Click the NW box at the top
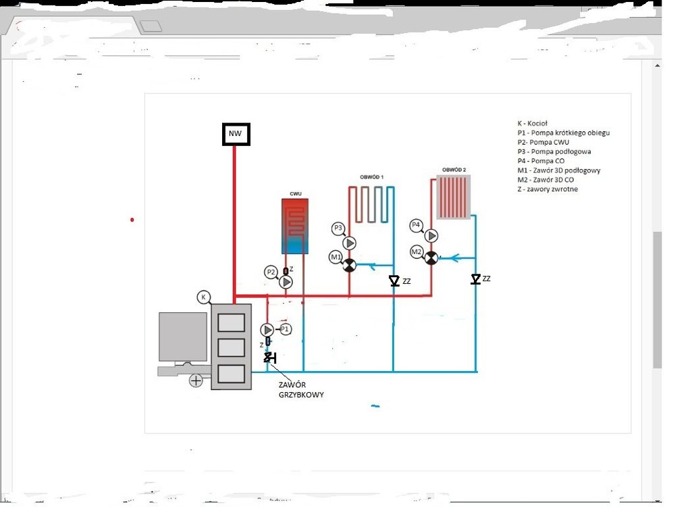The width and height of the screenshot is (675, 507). click(235, 134)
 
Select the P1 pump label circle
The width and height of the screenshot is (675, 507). click(285, 329)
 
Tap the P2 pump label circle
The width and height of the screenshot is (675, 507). click(271, 272)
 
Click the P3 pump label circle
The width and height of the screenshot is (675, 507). click(338, 229)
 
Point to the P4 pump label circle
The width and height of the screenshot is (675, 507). click(416, 224)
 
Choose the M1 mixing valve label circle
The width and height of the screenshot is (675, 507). click(335, 257)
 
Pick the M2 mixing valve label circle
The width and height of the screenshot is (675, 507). click(416, 252)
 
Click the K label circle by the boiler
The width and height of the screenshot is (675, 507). click(203, 297)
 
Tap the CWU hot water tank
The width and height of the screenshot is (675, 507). click(295, 226)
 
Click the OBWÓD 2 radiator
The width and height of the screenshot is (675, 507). click(454, 197)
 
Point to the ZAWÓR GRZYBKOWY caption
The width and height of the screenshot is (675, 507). click(301, 390)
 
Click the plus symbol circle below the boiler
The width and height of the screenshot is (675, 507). click(196, 381)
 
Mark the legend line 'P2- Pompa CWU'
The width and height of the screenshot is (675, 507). click(539, 143)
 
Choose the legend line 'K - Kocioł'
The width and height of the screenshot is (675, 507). click(532, 124)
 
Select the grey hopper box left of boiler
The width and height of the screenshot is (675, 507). click(182, 337)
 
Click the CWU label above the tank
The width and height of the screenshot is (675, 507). click(295, 194)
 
